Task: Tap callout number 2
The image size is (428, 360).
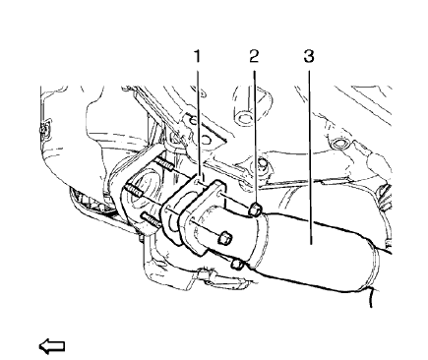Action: tap(254, 57)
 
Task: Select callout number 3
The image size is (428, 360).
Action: tap(309, 57)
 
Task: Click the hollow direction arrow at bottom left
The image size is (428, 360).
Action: tap(50, 344)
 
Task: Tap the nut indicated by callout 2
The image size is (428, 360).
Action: tap(254, 210)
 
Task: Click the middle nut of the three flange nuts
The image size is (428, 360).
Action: tap(223, 237)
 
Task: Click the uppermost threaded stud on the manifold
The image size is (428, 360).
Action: tap(163, 163)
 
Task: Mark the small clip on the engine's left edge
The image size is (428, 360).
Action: tap(41, 129)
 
